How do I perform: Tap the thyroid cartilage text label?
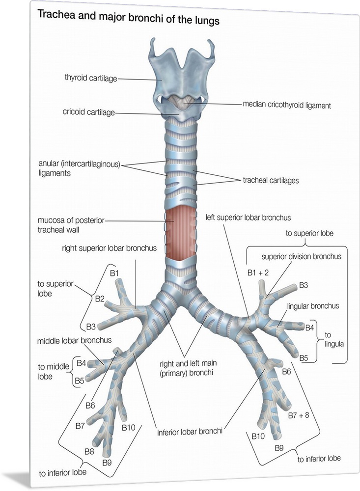[x=90, y=78]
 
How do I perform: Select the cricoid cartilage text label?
[x=88, y=112]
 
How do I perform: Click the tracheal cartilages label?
[x=270, y=180]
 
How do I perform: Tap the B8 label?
[x=89, y=451]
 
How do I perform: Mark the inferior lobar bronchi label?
[x=190, y=433]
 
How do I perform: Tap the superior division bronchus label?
[x=301, y=256]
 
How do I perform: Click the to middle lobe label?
[x=53, y=371]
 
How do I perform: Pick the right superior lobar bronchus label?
[x=109, y=248]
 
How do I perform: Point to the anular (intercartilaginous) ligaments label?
[x=79, y=168]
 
